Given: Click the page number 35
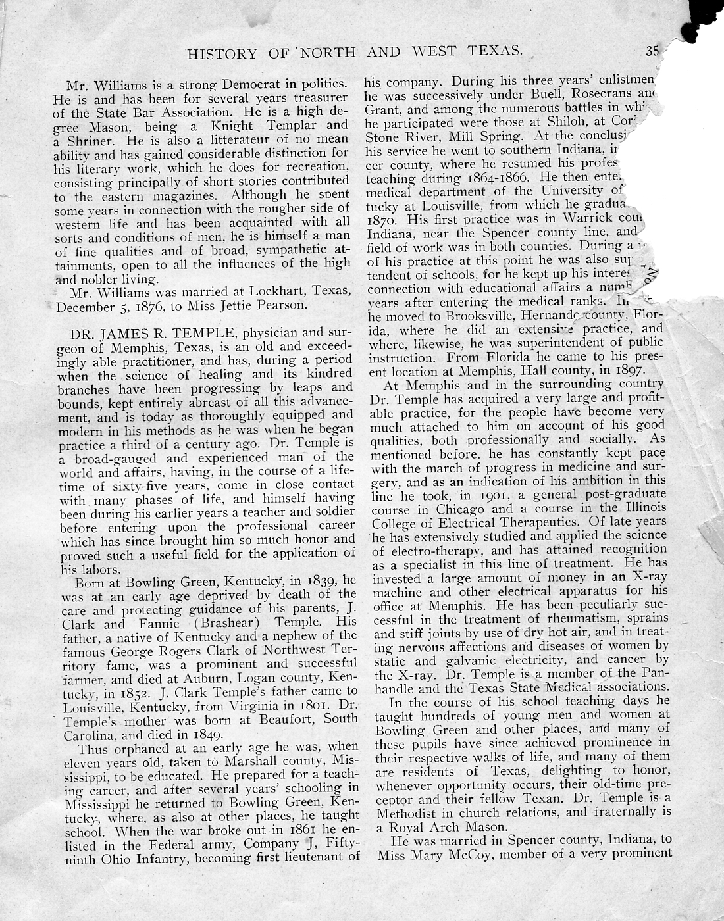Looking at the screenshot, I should click(x=652, y=51).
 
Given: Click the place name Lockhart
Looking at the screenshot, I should click(x=271, y=291).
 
